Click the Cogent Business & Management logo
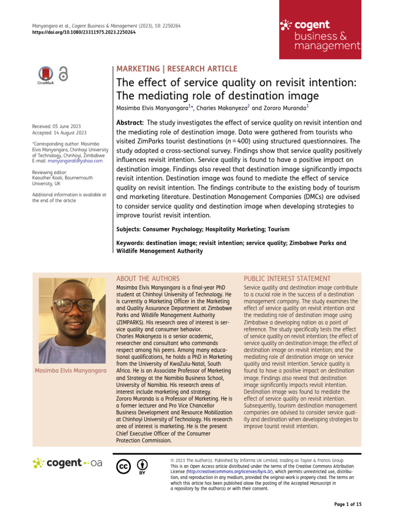(320, 35)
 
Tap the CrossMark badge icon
(46, 74)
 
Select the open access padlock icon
(64, 74)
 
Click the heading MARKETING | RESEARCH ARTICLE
(177, 69)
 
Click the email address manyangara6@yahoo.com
(79, 160)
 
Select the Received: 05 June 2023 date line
(56, 126)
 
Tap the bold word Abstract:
(130, 123)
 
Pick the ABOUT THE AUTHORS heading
(148, 278)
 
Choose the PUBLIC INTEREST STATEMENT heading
(287, 278)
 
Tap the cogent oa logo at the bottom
(67, 463)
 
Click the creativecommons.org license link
(229, 472)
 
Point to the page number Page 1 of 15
(347, 504)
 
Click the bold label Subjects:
(132, 229)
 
